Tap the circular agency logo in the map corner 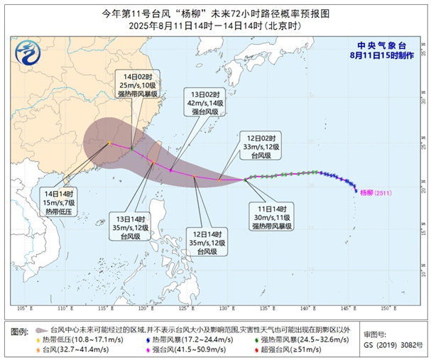pyautogui.click(x=28, y=53)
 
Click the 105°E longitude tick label pyautogui.click(x=23, y=308)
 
